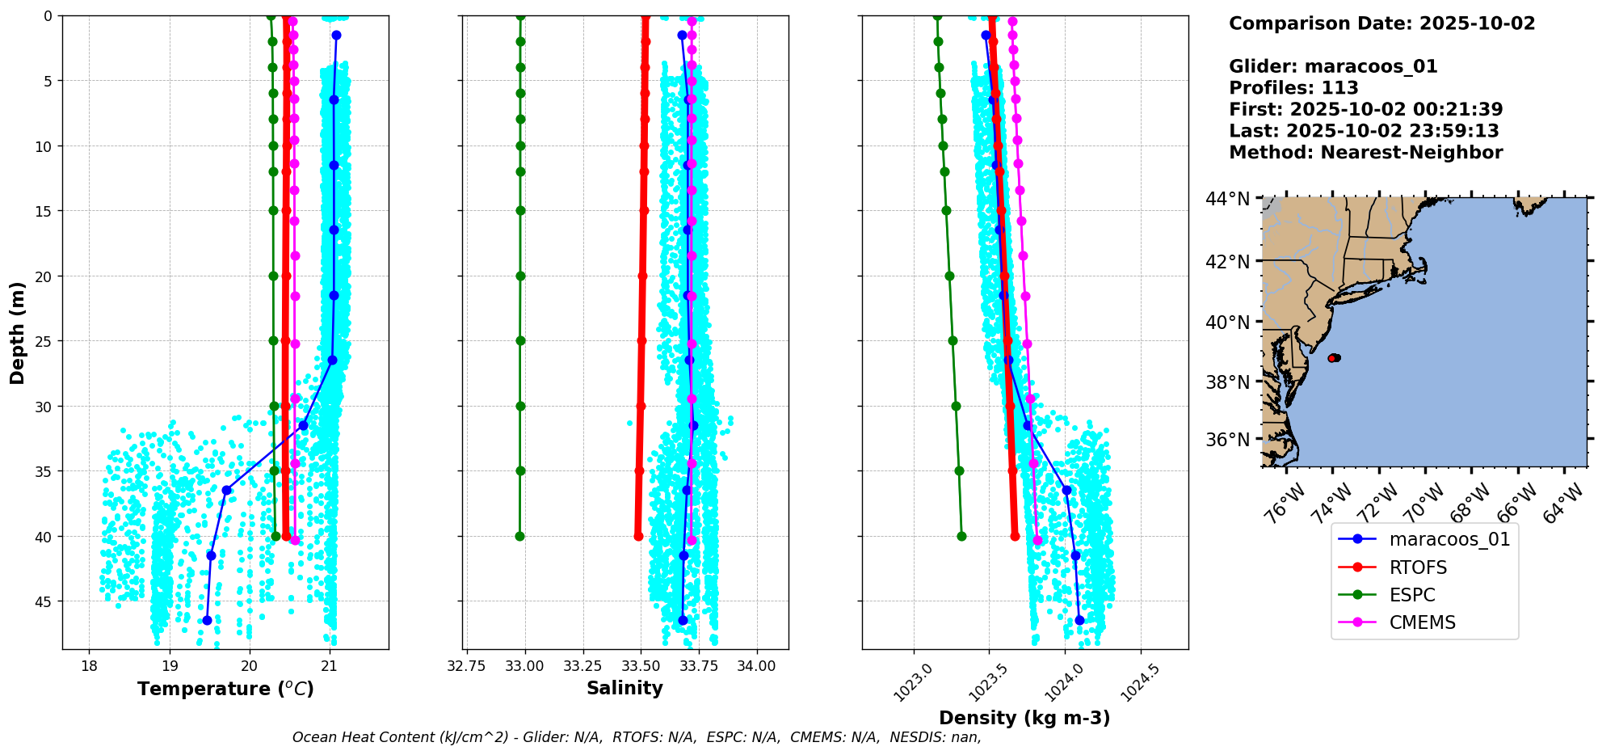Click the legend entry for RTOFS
(x=1418, y=567)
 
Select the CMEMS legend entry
(x=1422, y=622)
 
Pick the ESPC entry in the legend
(x=1412, y=595)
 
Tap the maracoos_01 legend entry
(x=1449, y=539)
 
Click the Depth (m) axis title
(x=18, y=332)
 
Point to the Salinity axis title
(x=624, y=689)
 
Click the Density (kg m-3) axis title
(x=1024, y=718)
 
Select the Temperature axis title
(x=225, y=689)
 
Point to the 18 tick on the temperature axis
(x=89, y=666)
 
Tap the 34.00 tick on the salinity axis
(x=757, y=666)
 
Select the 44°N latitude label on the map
(x=1227, y=199)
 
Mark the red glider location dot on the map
(x=1333, y=357)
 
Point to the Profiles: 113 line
(x=1293, y=88)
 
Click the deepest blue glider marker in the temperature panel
(x=207, y=620)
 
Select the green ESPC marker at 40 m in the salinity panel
(x=519, y=536)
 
